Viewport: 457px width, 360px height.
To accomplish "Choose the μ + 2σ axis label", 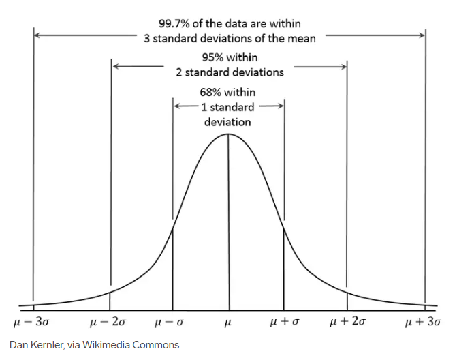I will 347,321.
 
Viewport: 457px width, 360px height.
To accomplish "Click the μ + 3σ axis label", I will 423,321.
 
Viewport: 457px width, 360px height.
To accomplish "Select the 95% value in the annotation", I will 212,57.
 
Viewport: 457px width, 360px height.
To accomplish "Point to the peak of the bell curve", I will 227,134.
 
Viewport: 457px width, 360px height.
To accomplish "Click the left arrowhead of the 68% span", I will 176,106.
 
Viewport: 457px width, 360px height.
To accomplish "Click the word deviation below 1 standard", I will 227,122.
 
